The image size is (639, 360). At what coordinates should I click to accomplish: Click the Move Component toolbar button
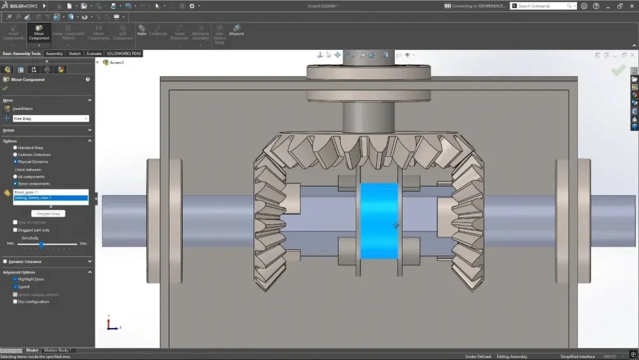(x=39, y=33)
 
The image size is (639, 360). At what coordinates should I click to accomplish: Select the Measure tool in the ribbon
(x=236, y=30)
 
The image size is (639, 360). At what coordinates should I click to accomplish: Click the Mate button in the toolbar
(x=141, y=30)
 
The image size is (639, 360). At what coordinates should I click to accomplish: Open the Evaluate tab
(x=94, y=54)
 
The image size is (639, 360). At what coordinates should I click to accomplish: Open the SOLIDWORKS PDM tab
(x=123, y=54)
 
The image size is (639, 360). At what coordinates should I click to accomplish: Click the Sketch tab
(x=75, y=54)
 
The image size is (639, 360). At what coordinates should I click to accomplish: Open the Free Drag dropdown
(x=50, y=118)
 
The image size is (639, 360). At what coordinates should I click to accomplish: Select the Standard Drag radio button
(x=15, y=148)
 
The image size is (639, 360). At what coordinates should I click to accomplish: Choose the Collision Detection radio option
(x=15, y=155)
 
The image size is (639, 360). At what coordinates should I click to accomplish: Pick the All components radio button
(x=15, y=176)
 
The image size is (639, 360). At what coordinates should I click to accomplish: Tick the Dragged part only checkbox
(x=15, y=230)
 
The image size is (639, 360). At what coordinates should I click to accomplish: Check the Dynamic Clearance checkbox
(x=6, y=262)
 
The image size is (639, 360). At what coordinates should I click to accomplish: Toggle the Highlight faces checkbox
(x=15, y=279)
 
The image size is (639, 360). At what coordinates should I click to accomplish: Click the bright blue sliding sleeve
(x=379, y=221)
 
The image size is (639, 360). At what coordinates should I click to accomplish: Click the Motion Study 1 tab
(x=58, y=350)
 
